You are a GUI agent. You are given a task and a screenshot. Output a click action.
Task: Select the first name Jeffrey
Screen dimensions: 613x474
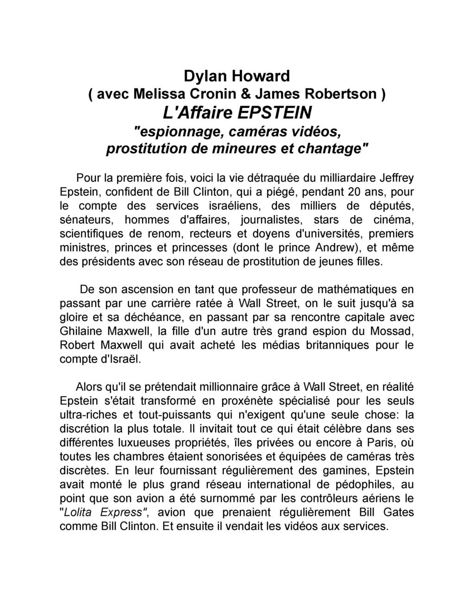point(397,178)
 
